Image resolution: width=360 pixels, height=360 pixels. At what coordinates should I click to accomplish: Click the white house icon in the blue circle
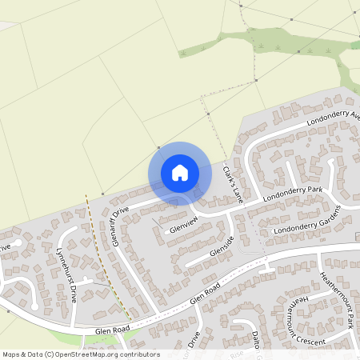tap(180, 173)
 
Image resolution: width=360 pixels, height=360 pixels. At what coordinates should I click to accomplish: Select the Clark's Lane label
tap(232, 182)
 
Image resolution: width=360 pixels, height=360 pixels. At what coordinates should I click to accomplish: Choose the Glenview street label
tap(182, 224)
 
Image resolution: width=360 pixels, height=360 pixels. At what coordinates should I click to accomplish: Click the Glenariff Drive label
tap(121, 226)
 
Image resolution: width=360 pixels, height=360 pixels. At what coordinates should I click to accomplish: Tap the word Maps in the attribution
tap(10, 354)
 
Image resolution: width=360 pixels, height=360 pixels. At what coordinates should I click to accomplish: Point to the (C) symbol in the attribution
tap(50, 354)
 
